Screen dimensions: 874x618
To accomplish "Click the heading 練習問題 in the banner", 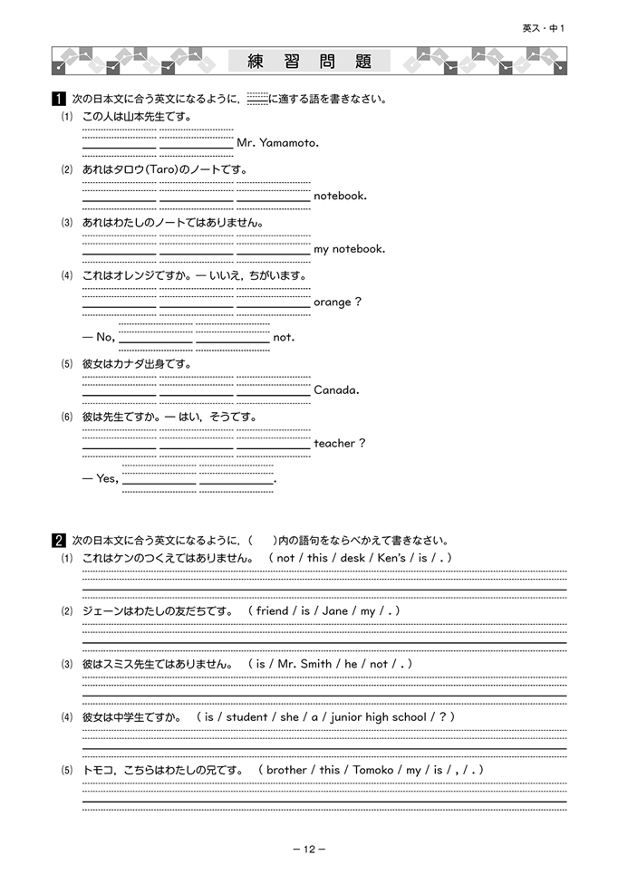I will click(x=309, y=62).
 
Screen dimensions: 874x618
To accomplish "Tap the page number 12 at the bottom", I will click(x=308, y=849).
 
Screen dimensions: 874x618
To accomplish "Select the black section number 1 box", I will click(x=58, y=99).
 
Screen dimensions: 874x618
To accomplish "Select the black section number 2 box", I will click(x=58, y=541).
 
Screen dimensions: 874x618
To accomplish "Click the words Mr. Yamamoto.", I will click(x=277, y=143).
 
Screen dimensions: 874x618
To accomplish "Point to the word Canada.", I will click(x=336, y=390).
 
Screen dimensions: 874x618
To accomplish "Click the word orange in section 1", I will click(x=332, y=302).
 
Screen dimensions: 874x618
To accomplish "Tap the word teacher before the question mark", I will click(x=334, y=443).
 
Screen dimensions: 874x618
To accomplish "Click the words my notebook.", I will click(x=349, y=249).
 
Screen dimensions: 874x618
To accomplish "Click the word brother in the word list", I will click(x=286, y=770).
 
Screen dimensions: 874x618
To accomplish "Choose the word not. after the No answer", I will click(x=284, y=338).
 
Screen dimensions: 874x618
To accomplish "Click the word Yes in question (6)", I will click(x=106, y=478).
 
